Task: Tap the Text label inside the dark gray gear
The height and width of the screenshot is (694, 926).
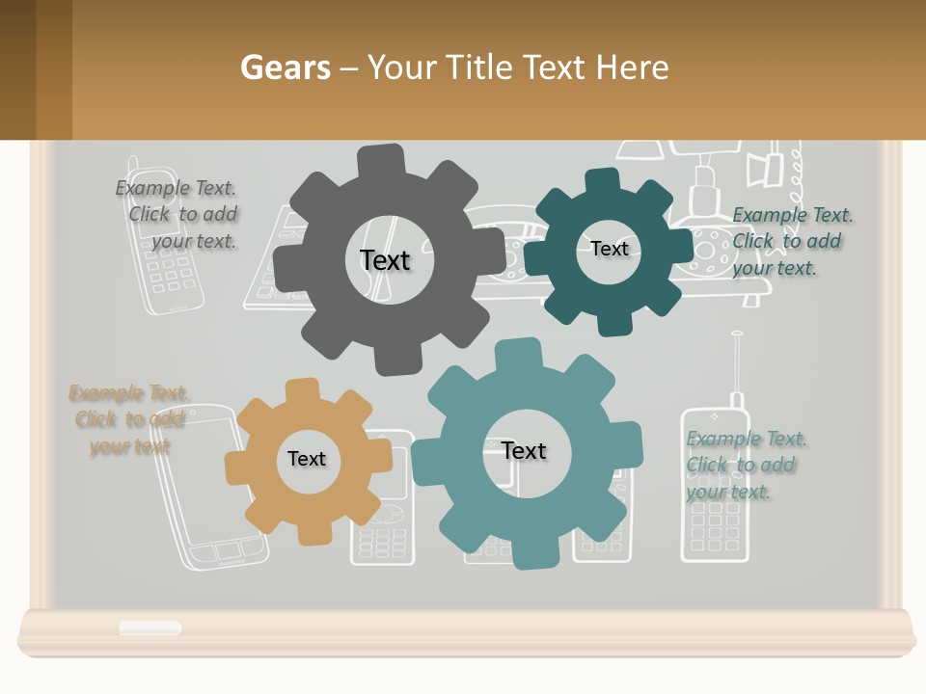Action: click(x=385, y=260)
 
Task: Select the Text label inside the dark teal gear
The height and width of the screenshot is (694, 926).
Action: click(x=609, y=249)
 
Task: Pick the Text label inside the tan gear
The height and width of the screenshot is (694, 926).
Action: click(x=307, y=459)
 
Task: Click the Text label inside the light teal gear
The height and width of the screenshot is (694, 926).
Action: click(x=524, y=450)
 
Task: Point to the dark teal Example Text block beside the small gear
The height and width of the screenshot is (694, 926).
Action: click(x=787, y=241)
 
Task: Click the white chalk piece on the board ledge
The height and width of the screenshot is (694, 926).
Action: click(x=150, y=627)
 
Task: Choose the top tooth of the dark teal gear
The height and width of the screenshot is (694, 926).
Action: click(x=603, y=181)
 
